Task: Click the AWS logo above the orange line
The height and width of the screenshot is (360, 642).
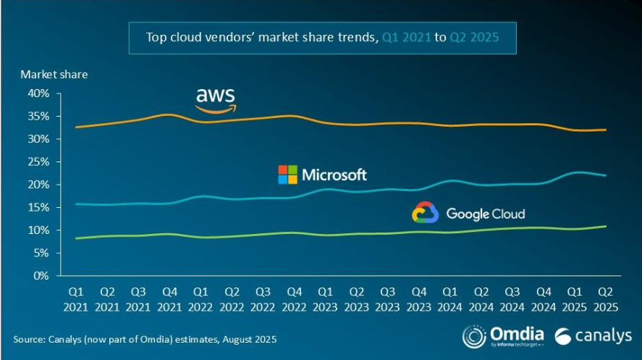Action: pyautogui.click(x=216, y=100)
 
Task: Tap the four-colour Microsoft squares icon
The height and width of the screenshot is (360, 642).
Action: pyautogui.click(x=287, y=175)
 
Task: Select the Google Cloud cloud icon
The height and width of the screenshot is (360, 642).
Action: pyautogui.click(x=426, y=212)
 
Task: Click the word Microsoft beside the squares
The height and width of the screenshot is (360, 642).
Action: pyautogui.click(x=334, y=175)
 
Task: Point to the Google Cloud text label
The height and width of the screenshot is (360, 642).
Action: pyautogui.click(x=485, y=214)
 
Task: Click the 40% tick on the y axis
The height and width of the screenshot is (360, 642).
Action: pyautogui.click(x=38, y=93)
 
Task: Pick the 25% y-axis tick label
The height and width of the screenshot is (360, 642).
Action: pyautogui.click(x=38, y=162)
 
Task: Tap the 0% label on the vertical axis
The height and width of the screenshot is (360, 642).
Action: pyautogui.click(x=41, y=276)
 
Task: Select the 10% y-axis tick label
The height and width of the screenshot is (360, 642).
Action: pyautogui.click(x=38, y=230)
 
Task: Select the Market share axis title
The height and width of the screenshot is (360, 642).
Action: pyautogui.click(x=54, y=74)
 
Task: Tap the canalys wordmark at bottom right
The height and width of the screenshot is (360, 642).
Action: pyautogui.click(x=592, y=336)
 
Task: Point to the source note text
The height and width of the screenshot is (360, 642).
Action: pyautogui.click(x=145, y=339)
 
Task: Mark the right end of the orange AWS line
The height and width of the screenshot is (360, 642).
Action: pyautogui.click(x=605, y=130)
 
